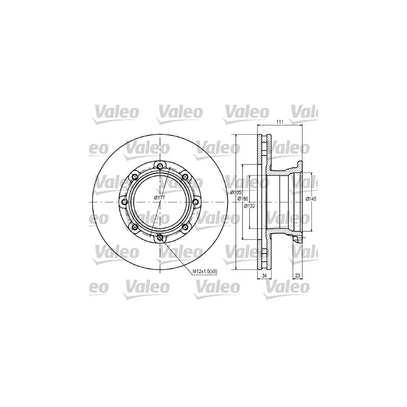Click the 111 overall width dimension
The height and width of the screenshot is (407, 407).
click(280, 122)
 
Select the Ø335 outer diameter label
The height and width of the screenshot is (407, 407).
click(235, 192)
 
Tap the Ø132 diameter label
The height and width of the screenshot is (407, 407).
click(249, 206)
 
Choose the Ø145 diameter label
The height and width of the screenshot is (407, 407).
click(311, 199)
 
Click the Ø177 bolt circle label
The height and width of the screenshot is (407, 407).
click(160, 197)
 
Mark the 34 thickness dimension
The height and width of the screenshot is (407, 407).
click(264, 275)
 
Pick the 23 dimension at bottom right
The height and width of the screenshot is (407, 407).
click(297, 275)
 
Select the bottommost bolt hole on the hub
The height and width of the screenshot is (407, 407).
click(160, 238)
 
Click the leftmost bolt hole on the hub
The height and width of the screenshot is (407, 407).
click(124, 202)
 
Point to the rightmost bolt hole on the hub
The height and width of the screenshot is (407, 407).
click(196, 202)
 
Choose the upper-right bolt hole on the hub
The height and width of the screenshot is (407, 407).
click(185, 177)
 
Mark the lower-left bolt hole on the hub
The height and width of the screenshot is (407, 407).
click(135, 227)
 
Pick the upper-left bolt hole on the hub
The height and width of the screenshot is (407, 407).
click(135, 177)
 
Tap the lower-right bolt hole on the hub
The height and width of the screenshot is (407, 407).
click(185, 227)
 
